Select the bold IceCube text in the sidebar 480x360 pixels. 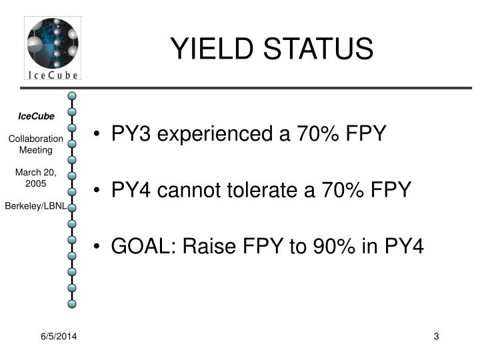coord(36,116)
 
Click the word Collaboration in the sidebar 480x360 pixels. coord(36,139)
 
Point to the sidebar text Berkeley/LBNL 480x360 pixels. coord(36,207)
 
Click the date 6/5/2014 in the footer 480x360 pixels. coord(58,337)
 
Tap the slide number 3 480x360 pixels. coord(436,337)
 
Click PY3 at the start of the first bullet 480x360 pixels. coord(131,134)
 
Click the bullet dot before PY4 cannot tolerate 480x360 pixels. coord(98,191)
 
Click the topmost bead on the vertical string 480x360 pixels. coord(72,97)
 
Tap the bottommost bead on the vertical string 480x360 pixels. coord(72,303)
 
